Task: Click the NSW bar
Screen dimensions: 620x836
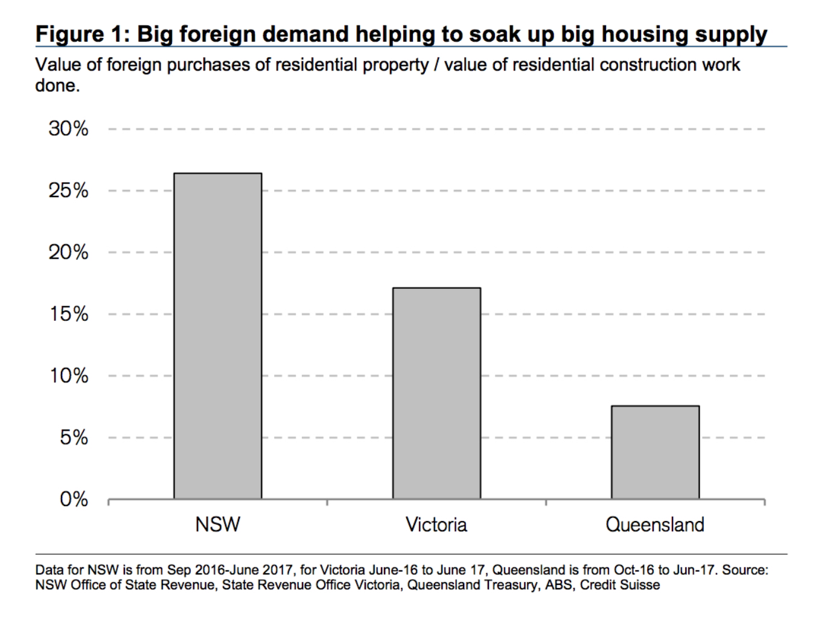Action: [217, 335]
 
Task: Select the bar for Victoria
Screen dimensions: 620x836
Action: [436, 393]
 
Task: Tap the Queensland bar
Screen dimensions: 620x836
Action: [655, 452]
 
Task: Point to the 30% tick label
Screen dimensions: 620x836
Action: [69, 128]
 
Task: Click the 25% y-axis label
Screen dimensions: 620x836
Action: [69, 191]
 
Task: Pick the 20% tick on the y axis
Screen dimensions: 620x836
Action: [69, 252]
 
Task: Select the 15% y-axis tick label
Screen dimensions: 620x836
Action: [69, 314]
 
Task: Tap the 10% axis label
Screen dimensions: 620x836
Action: [69, 376]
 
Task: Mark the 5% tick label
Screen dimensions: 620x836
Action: [74, 437]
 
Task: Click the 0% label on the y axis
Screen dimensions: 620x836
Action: [74, 499]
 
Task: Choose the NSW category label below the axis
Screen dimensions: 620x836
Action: [217, 524]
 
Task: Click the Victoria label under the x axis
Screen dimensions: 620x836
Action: [436, 524]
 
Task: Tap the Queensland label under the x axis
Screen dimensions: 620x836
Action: [655, 524]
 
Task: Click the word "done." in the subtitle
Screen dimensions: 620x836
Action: [57, 85]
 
